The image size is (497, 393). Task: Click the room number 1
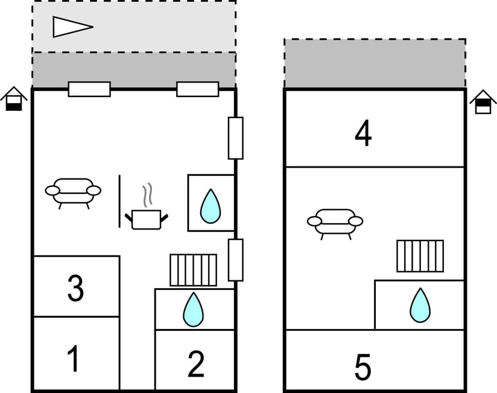click(x=74, y=359)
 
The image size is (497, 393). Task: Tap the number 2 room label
click(x=196, y=364)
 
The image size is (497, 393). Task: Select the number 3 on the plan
click(x=76, y=288)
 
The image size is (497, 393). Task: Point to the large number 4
click(x=363, y=133)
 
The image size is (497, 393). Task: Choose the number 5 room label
click(x=363, y=367)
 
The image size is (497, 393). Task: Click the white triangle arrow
click(x=73, y=27)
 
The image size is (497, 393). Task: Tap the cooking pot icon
click(x=147, y=219)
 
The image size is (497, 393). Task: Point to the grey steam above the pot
click(x=147, y=195)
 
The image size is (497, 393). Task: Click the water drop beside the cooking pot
click(x=211, y=206)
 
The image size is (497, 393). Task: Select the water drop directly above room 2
click(x=194, y=309)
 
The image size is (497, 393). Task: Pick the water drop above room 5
click(x=420, y=305)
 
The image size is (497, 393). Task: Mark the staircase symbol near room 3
click(x=194, y=270)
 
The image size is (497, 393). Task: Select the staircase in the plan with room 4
click(x=420, y=256)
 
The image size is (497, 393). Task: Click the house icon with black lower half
click(x=14, y=99)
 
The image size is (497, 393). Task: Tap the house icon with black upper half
click(x=483, y=102)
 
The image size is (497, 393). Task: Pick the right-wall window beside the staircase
click(x=236, y=260)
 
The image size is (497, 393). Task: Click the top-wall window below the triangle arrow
click(x=90, y=89)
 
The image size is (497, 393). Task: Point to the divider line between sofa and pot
click(x=119, y=201)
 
